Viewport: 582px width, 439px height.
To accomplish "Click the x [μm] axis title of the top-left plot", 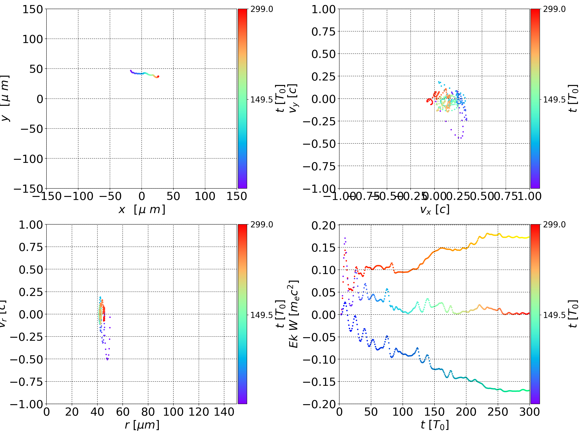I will (141, 209).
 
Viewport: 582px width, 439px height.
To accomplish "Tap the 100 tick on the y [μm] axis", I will (32, 39).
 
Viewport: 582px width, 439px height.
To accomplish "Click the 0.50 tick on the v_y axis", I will (323, 54).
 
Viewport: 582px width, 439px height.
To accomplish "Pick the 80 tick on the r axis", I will (148, 412).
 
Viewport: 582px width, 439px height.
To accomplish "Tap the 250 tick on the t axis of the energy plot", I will (498, 412).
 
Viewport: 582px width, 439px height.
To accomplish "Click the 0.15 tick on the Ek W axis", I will (323, 248).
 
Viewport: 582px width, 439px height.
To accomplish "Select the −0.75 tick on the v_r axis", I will (26, 382).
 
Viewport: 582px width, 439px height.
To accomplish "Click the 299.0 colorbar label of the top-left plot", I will (261, 9).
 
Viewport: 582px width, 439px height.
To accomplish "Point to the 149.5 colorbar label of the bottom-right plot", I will (554, 315).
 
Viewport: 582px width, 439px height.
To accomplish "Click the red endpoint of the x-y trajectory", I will (158, 76).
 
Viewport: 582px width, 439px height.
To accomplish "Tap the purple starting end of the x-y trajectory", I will (131, 70).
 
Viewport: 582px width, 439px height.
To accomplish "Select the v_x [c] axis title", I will (434, 209).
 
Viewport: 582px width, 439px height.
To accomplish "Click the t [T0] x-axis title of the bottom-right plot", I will (434, 425).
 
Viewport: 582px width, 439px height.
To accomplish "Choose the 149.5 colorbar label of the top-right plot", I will (554, 100).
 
